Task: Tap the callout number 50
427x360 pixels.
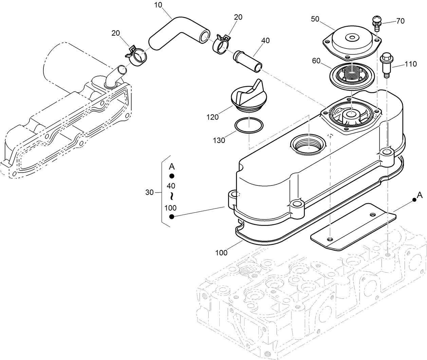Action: [x=315, y=19]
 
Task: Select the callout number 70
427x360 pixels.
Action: [x=400, y=21]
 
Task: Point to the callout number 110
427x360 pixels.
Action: [x=411, y=64]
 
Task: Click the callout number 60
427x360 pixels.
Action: [x=316, y=61]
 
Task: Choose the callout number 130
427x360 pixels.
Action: [x=219, y=140]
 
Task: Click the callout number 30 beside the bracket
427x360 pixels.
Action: [x=149, y=192]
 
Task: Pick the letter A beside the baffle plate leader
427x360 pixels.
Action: [x=420, y=195]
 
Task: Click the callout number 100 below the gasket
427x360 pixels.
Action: [x=221, y=253]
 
